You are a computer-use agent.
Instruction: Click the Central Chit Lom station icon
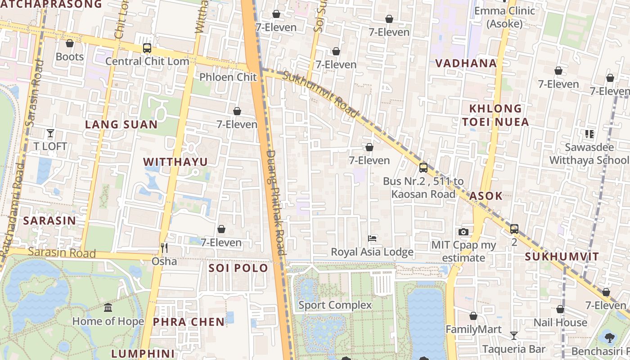point(147,48)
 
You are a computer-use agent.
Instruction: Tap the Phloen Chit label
point(228,77)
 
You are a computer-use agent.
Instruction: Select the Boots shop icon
point(70,43)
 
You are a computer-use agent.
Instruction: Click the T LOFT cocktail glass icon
point(50,133)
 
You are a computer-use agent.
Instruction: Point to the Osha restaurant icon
point(164,247)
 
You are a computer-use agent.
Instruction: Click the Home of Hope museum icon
point(108,308)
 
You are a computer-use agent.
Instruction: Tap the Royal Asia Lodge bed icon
point(372,238)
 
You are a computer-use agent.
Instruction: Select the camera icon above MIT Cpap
point(463,232)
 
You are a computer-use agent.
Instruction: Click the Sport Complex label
point(335,305)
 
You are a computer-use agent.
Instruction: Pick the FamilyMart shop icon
point(473,316)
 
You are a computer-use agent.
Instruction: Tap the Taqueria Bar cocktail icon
point(513,336)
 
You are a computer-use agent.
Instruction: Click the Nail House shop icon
point(560,310)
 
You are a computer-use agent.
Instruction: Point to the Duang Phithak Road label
point(276,202)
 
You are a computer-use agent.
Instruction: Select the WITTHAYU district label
point(175,162)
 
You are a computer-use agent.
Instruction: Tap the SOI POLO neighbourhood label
point(238,268)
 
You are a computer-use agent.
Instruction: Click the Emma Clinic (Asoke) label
point(504,17)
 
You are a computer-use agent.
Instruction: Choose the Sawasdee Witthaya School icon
point(589,134)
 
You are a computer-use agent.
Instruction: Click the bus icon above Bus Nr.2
point(423,168)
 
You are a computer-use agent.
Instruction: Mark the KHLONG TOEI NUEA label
point(495,115)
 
